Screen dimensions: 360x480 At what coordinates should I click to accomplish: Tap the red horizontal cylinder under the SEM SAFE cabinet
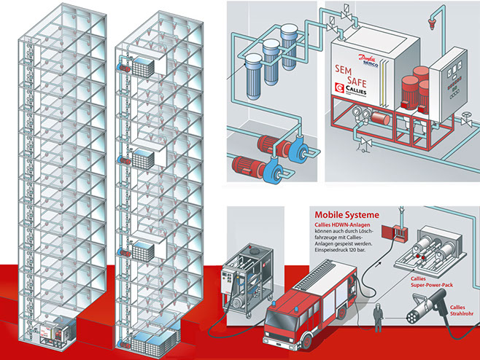tap(379, 117)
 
